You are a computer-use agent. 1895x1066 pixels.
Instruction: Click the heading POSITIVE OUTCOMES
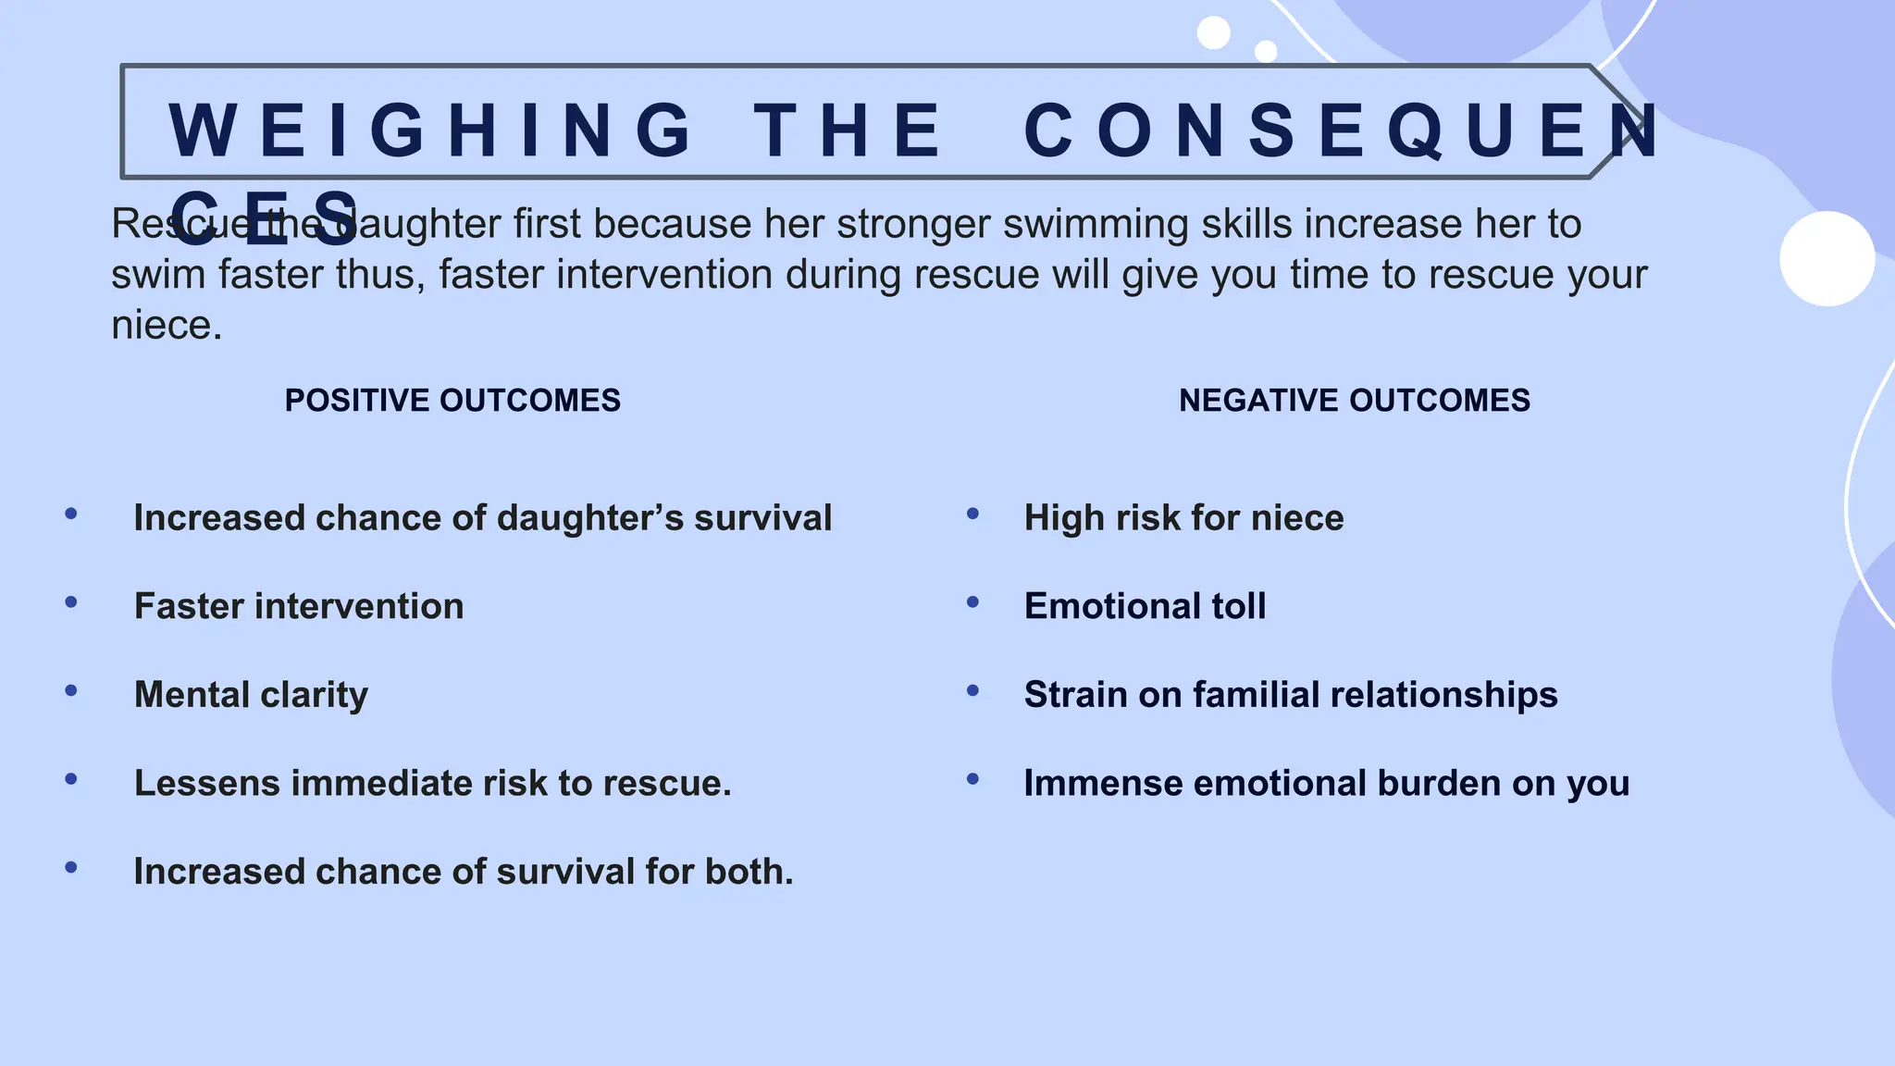(452, 401)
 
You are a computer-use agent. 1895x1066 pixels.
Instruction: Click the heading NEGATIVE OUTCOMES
(1354, 401)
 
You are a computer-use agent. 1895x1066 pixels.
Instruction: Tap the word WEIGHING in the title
(431, 130)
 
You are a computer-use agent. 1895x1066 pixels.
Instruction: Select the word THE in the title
(848, 130)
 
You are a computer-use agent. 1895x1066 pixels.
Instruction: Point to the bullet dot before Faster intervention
(71, 602)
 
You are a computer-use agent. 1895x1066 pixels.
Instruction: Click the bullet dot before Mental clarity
(71, 691)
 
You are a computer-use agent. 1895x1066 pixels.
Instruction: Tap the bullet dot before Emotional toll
(972, 602)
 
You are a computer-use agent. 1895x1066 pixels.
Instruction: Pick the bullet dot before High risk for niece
(972, 514)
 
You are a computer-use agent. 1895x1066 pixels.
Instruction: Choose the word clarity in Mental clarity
(314, 695)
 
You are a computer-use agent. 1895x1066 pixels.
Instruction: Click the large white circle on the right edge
(1827, 259)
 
